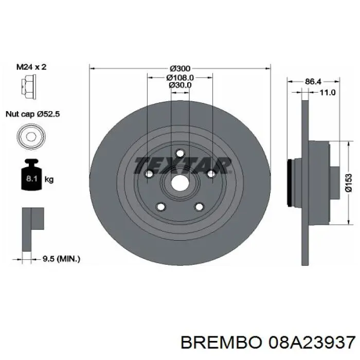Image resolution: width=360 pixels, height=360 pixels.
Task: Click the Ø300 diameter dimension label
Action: [x=179, y=68]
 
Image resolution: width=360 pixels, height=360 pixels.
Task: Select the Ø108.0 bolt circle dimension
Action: [x=179, y=77]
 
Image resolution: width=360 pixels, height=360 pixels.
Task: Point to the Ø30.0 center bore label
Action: [x=179, y=85]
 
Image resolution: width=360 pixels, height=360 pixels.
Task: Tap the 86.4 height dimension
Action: [x=314, y=81]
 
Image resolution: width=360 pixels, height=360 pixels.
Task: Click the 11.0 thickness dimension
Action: [x=327, y=93]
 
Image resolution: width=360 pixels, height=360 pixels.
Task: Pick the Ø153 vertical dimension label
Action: [x=349, y=183]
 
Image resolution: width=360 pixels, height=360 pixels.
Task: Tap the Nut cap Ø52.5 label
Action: [x=33, y=115]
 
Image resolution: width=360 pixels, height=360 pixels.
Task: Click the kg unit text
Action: [x=49, y=179]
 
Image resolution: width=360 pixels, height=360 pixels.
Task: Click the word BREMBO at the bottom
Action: [x=213, y=342]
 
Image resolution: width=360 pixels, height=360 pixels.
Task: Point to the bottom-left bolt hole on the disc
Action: [x=161, y=207]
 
